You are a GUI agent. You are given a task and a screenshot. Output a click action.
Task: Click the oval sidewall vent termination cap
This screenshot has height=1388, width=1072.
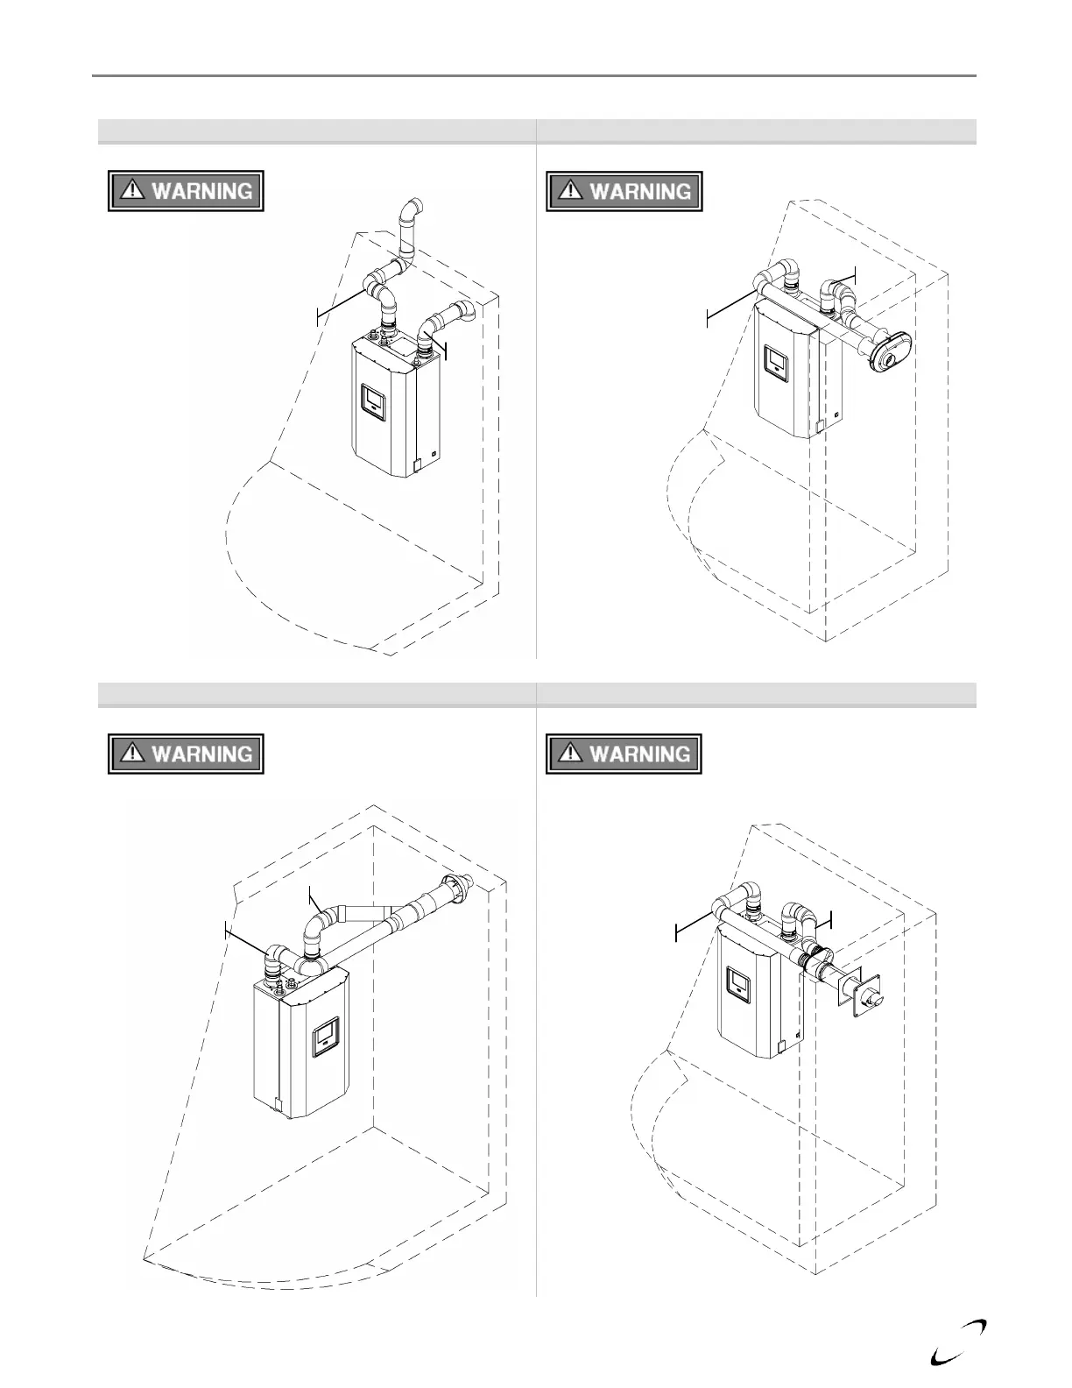tap(888, 351)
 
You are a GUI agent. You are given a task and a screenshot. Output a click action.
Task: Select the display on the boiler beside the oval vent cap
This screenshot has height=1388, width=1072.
tap(777, 364)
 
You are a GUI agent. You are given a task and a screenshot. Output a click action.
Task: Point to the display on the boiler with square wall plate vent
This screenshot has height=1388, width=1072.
tap(741, 983)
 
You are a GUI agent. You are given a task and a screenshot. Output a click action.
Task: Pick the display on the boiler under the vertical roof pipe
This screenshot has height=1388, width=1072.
tap(374, 401)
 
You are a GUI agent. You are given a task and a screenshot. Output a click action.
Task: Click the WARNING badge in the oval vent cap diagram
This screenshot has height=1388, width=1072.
tap(624, 191)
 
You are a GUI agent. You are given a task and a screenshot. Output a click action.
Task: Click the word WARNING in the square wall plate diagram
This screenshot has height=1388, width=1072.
tap(639, 754)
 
